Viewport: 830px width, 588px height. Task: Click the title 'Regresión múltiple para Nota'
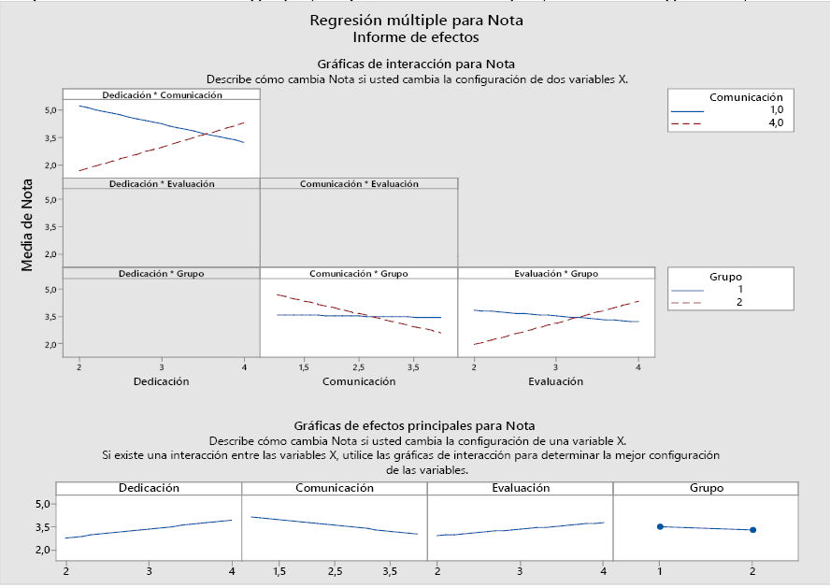click(x=416, y=21)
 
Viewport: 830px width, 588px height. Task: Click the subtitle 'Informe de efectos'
click(x=416, y=37)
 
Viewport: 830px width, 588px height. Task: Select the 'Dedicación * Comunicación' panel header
click(x=162, y=94)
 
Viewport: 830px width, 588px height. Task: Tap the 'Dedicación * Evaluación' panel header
click(x=162, y=184)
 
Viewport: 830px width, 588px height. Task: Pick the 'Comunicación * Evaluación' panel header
click(x=359, y=184)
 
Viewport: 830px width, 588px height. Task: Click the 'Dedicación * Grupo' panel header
click(x=162, y=273)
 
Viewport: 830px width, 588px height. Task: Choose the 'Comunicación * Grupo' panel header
click(x=359, y=273)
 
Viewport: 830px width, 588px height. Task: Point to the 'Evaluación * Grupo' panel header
click(x=556, y=273)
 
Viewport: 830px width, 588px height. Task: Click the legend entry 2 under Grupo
click(x=739, y=302)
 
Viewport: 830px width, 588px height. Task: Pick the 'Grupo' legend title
click(x=726, y=277)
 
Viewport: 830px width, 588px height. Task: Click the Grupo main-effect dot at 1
click(x=660, y=527)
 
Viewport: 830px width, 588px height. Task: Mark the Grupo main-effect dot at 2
click(x=752, y=530)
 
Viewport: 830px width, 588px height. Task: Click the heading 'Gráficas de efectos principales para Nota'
click(x=415, y=425)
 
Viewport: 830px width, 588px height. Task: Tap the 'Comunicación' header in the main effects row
click(x=334, y=488)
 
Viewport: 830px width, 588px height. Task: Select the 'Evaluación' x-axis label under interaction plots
click(x=555, y=381)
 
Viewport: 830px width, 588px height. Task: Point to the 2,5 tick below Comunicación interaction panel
click(x=358, y=367)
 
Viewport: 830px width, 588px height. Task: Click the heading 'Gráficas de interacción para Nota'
click(x=416, y=64)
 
